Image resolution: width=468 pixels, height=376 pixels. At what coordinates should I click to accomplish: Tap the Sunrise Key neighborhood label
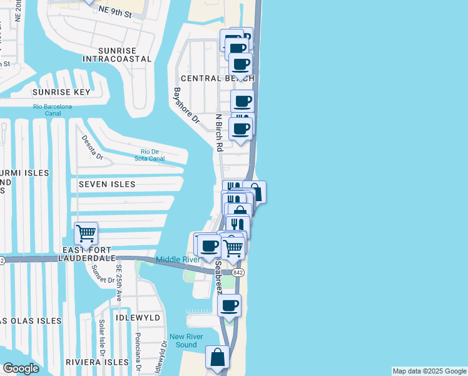(x=61, y=92)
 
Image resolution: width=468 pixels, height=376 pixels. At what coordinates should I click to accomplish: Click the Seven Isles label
(x=107, y=184)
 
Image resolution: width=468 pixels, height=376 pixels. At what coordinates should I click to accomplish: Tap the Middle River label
(x=178, y=259)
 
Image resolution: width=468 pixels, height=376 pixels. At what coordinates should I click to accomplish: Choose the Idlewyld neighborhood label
(x=138, y=318)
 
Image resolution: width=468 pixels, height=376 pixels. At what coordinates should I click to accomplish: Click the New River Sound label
(x=186, y=340)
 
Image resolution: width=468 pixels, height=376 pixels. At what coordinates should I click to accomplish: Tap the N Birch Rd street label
(x=219, y=133)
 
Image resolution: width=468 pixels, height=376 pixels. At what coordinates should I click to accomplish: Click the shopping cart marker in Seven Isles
(x=86, y=234)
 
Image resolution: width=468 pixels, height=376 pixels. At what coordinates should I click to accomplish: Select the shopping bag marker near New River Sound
(x=218, y=358)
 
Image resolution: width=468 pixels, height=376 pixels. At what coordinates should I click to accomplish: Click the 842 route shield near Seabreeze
(x=237, y=273)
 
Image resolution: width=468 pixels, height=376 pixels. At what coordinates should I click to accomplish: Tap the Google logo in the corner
(x=21, y=368)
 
